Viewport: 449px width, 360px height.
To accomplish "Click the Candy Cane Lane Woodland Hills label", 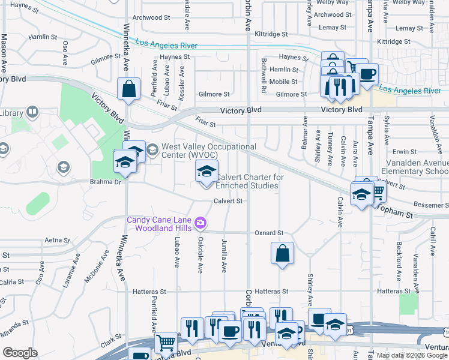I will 159,224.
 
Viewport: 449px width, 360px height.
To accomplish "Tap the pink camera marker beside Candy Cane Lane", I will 200,224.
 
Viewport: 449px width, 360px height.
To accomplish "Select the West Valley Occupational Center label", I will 209,151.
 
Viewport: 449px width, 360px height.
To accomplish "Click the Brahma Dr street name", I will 105,182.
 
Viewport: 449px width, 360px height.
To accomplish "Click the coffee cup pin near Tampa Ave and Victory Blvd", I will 367,74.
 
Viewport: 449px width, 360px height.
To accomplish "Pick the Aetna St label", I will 58,240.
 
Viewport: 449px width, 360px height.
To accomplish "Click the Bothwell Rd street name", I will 264,75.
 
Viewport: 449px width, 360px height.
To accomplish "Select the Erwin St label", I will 405,152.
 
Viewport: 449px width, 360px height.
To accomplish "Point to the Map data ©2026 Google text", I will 412,355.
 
